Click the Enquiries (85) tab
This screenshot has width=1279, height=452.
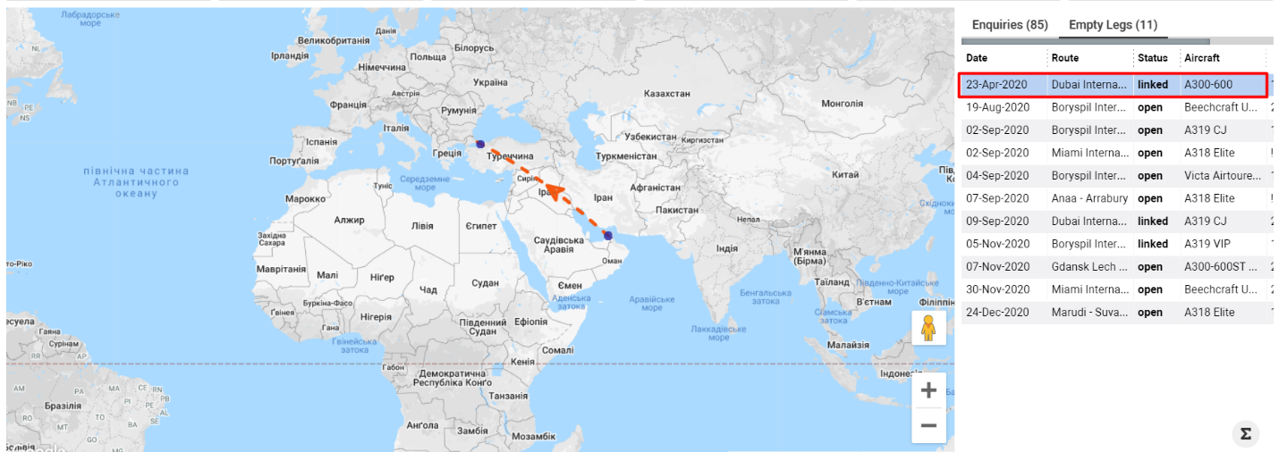pyautogui.click(x=1010, y=25)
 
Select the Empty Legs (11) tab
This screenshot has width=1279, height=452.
pyautogui.click(x=1113, y=25)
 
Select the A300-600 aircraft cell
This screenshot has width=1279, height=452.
pyautogui.click(x=1208, y=85)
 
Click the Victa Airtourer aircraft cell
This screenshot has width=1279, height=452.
pyautogui.click(x=1222, y=176)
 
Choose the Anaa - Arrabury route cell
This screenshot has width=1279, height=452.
pyautogui.click(x=1089, y=198)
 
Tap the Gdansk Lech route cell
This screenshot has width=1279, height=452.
pyautogui.click(x=1089, y=266)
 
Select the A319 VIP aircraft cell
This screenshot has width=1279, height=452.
pyautogui.click(x=1208, y=244)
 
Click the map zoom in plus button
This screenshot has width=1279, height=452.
pyautogui.click(x=928, y=390)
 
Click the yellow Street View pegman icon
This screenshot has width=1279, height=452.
pyautogui.click(x=928, y=328)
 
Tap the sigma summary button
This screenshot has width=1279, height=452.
pyautogui.click(x=1244, y=434)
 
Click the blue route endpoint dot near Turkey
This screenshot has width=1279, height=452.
pyautogui.click(x=480, y=144)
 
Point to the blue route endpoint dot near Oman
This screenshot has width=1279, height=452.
pyautogui.click(x=607, y=237)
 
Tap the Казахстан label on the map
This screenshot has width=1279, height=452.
pyautogui.click(x=666, y=93)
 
